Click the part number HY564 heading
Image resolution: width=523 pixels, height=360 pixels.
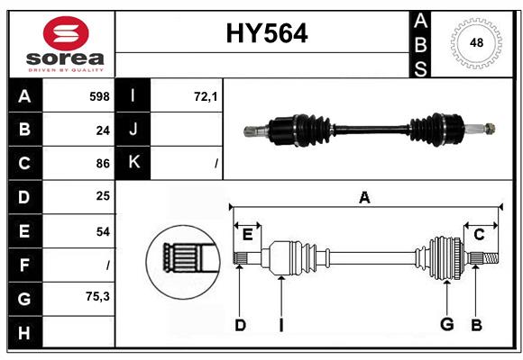tap(265, 33)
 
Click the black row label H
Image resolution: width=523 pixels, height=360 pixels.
tap(24, 332)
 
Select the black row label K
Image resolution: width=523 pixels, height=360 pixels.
tap(133, 163)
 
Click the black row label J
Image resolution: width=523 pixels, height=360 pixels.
tap(133, 130)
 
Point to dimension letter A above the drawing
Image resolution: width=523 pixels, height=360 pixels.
tap(364, 197)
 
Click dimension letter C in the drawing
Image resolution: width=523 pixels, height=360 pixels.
tap(479, 234)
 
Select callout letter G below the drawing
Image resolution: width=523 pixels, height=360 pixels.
tap(445, 325)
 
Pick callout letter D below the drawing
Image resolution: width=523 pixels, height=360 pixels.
tap(240, 325)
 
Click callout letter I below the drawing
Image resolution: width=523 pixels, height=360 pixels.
tap(281, 325)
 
